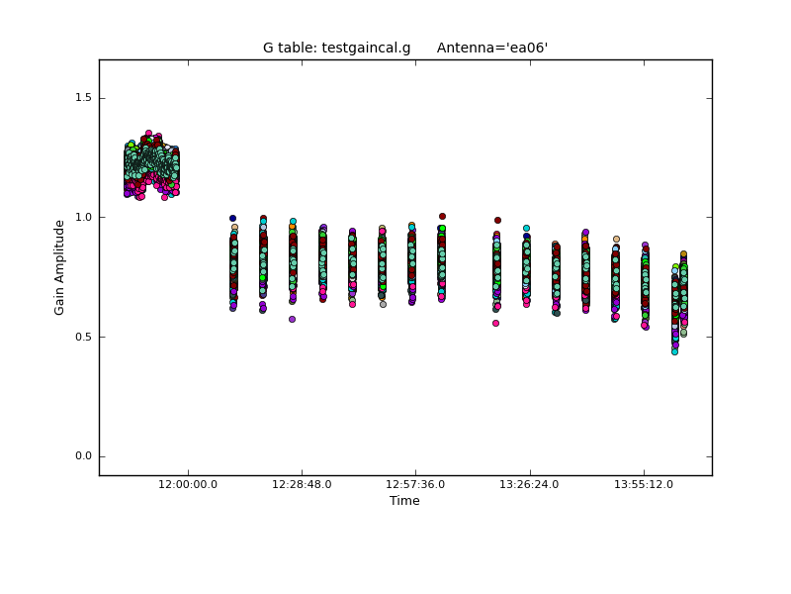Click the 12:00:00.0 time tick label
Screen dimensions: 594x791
[x=188, y=484]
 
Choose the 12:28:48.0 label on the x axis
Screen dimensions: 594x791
[x=302, y=484]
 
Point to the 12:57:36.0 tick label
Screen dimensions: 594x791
[x=415, y=484]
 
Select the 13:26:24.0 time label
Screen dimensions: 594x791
[x=530, y=484]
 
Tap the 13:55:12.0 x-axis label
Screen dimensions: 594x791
[x=644, y=484]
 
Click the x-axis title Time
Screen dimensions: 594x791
[x=404, y=501]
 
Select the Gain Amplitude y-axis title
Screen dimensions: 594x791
[x=60, y=267]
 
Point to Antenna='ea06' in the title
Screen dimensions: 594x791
[x=492, y=48]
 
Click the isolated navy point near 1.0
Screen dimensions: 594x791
[x=232, y=218]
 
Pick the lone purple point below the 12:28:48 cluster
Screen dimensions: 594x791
[x=292, y=319]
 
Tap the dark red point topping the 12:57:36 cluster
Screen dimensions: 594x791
[x=442, y=216]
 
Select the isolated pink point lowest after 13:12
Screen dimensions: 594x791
[x=495, y=323]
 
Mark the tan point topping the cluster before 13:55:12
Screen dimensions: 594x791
[x=616, y=239]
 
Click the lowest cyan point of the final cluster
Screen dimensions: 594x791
[x=674, y=351]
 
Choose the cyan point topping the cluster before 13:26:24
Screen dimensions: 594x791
[x=526, y=228]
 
